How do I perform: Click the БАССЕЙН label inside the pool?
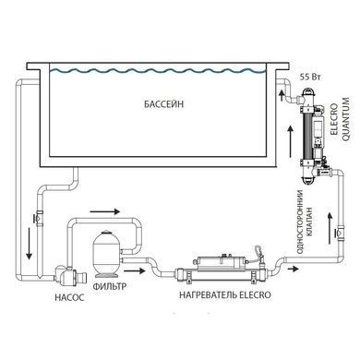pyautogui.click(x=163, y=103)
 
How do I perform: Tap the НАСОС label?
pyautogui.click(x=69, y=298)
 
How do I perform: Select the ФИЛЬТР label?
pyautogui.click(x=110, y=286)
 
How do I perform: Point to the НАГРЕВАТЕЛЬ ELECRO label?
pyautogui.click(x=225, y=294)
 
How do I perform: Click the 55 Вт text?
pyautogui.click(x=310, y=77)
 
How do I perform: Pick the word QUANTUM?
pyautogui.click(x=346, y=119)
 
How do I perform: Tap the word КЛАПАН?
pyautogui.click(x=309, y=222)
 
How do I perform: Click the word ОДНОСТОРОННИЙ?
pyautogui.click(x=300, y=222)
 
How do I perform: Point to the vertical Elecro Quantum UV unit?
pyautogui.click(x=312, y=136)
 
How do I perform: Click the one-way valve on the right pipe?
pyautogui.click(x=341, y=232)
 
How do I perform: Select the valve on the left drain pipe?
pyautogui.click(x=39, y=218)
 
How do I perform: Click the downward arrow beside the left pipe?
pyautogui.click(x=29, y=244)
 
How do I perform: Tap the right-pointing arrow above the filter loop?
pyautogui.click(x=105, y=211)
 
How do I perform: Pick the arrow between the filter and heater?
pyautogui.click(x=134, y=270)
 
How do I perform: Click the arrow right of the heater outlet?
pyautogui.click(x=293, y=269)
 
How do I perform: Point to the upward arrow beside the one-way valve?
pyautogui.click(x=330, y=228)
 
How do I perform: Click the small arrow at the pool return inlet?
pyautogui.click(x=281, y=95)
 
